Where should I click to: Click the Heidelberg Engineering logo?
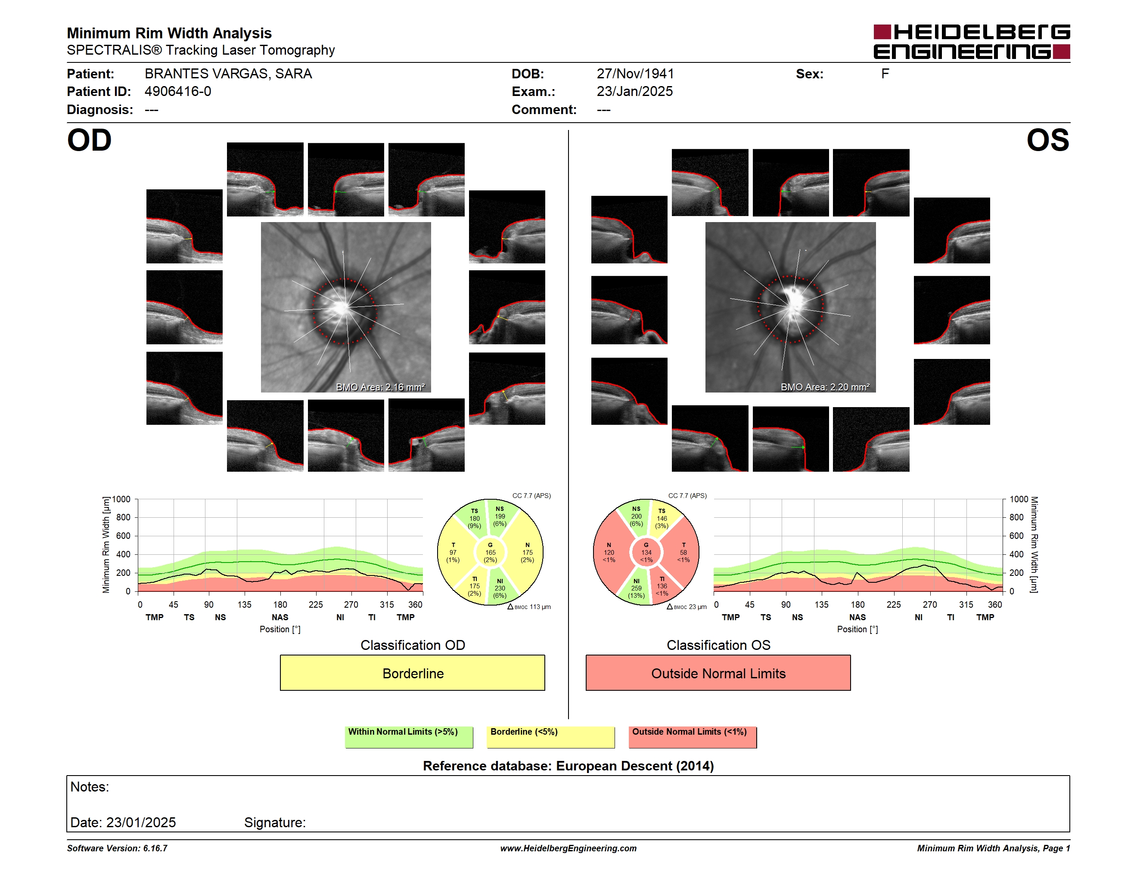tap(972, 42)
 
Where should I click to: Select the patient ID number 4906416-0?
tap(177, 92)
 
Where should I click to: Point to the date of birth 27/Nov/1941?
tap(635, 74)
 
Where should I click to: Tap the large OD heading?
tap(89, 140)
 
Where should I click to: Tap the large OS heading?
tap(1047, 140)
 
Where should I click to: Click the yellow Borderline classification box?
tap(412, 673)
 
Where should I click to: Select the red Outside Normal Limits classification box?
tap(718, 673)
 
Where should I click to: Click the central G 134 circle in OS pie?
tap(646, 552)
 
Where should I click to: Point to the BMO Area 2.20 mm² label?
tap(825, 387)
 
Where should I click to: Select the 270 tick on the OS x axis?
tap(930, 604)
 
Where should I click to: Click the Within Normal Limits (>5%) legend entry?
tap(409, 736)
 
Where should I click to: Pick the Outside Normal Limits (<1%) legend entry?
tap(693, 736)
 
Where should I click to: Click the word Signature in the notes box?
tap(274, 822)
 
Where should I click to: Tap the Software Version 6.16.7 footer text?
tap(117, 848)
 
